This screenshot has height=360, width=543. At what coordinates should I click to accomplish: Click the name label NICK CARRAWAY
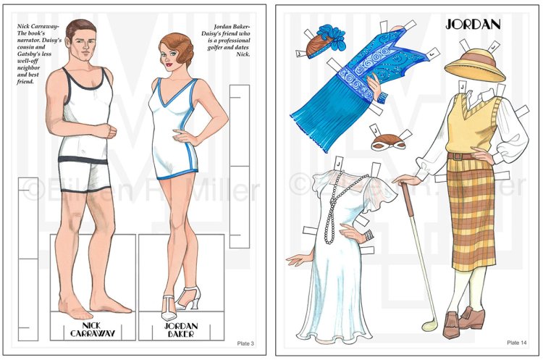pos(93,327)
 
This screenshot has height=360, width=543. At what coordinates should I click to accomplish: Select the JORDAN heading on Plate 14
pos(473,24)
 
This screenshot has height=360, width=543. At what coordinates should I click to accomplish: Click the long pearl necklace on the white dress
pos(337,210)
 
